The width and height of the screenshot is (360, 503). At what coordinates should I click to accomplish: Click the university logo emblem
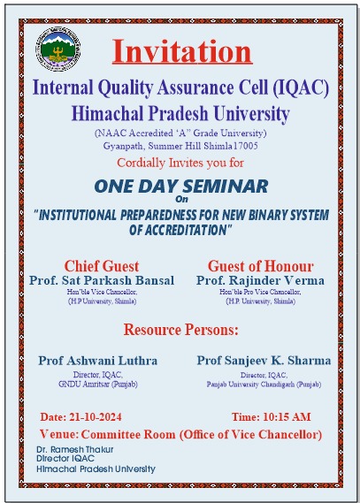[58, 49]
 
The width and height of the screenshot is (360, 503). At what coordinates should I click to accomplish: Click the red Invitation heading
[182, 51]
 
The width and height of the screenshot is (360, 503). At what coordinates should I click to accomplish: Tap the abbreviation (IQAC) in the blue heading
[301, 88]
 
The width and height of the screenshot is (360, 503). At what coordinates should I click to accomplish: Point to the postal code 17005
[246, 146]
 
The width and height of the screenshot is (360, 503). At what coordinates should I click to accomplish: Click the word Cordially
[141, 163]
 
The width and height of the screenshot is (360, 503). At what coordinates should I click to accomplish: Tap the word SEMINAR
[226, 186]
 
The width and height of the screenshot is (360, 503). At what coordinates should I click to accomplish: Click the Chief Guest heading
[102, 266]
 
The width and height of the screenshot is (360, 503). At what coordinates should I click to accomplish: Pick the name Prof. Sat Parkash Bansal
[102, 280]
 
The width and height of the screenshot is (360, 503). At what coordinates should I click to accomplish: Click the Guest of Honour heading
[261, 266]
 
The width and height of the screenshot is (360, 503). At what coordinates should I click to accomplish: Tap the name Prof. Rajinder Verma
[260, 280]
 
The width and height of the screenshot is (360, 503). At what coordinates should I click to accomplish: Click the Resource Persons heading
[181, 330]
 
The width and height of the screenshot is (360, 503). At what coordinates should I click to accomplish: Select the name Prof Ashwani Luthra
[98, 361]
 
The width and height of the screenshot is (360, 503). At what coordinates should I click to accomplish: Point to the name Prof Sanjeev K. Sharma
[264, 361]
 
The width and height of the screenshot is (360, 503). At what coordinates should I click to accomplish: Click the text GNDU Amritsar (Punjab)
[98, 384]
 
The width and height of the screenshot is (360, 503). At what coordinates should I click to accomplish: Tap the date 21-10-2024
[96, 417]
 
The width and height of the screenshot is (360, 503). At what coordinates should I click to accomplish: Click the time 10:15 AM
[287, 417]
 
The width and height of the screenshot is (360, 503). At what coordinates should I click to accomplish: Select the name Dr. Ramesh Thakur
[75, 449]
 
